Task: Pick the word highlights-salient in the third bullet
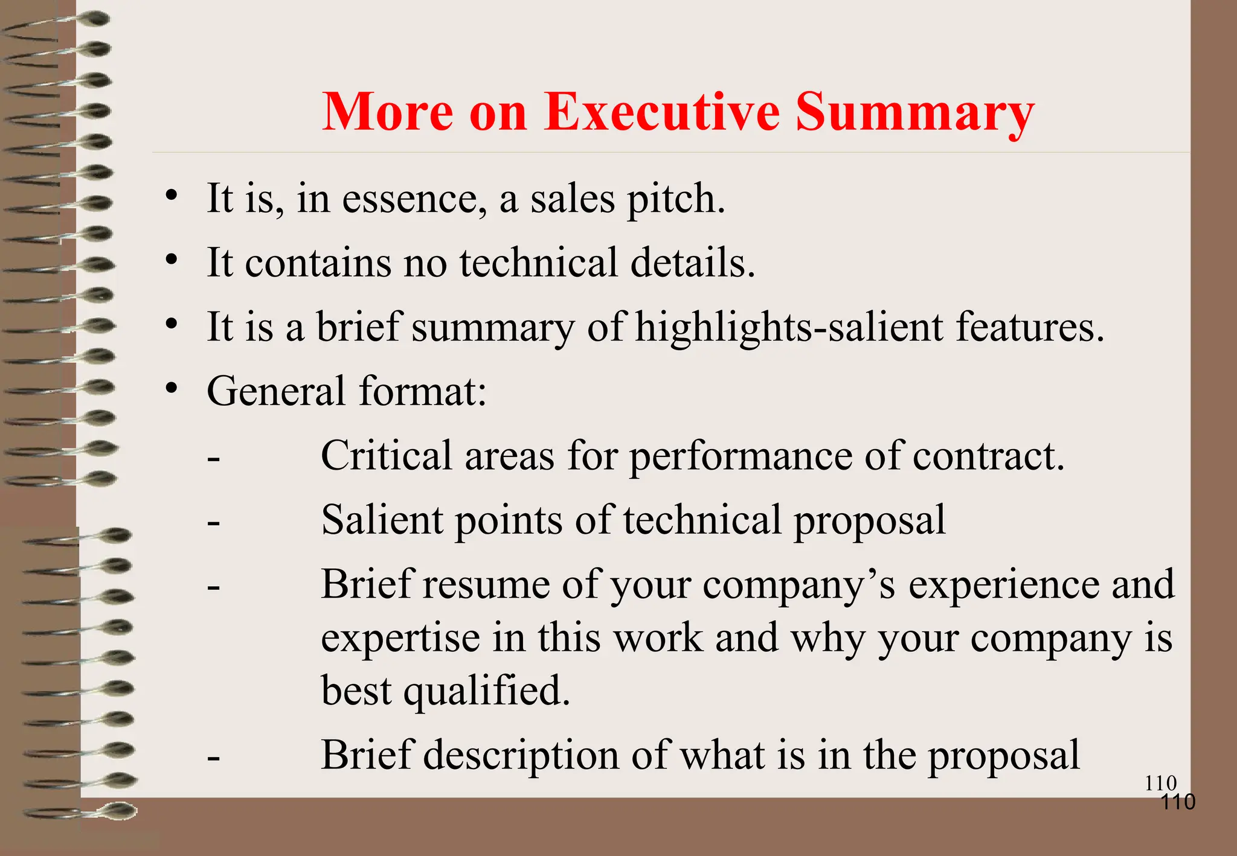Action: point(789,328)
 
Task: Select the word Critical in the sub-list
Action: point(386,455)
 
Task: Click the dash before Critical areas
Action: point(213,459)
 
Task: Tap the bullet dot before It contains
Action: point(172,260)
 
